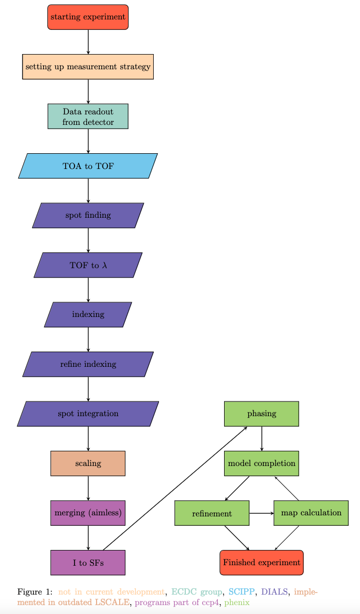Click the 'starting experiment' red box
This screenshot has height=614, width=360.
(x=88, y=17)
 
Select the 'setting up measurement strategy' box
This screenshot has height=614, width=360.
(x=88, y=67)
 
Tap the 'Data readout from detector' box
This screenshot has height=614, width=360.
(x=88, y=117)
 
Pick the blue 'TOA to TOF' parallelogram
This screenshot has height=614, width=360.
(x=88, y=166)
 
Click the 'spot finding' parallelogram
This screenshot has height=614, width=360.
(x=88, y=215)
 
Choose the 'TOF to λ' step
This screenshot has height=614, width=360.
(x=88, y=265)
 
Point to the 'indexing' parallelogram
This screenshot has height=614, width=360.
(x=88, y=314)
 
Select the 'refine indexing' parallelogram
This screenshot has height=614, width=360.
(x=88, y=364)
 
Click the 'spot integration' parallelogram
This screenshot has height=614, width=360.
(x=88, y=414)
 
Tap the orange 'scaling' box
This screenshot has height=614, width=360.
(x=88, y=463)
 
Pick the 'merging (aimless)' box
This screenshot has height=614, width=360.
(x=88, y=513)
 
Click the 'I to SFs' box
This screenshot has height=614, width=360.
(x=88, y=563)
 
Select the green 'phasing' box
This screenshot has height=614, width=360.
(x=261, y=414)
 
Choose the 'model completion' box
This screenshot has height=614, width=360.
(x=261, y=463)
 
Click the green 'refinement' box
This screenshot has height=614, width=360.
(x=211, y=513)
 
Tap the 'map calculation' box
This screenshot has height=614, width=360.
(x=311, y=513)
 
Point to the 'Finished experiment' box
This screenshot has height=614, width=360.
(x=261, y=563)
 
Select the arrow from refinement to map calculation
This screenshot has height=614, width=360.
(x=261, y=513)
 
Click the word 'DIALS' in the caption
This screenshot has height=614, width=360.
(x=274, y=591)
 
